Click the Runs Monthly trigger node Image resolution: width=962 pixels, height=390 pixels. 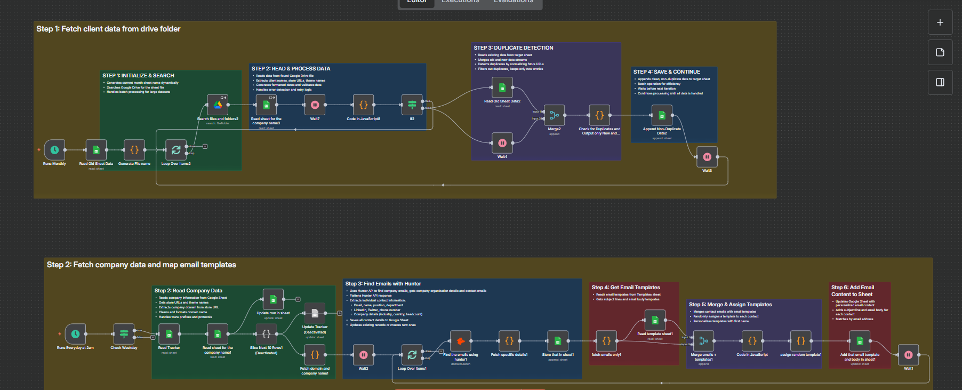[54, 150]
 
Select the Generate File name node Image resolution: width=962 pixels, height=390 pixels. [134, 150]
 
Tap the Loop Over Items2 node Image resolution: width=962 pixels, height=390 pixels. [176, 150]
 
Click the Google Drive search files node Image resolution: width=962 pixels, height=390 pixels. [218, 105]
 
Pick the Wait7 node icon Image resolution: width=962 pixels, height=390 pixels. [315, 105]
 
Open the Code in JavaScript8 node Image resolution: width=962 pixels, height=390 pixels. [363, 105]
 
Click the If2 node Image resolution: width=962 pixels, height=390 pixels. [412, 105]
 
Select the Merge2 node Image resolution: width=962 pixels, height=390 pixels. [554, 115]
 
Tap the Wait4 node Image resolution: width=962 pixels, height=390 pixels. [502, 143]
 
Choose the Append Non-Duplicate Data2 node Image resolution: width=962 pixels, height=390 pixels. [662, 115]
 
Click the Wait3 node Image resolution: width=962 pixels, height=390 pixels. [707, 157]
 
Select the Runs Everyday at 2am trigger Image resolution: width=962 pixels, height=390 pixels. [75, 334]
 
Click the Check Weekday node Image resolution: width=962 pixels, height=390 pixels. [124, 334]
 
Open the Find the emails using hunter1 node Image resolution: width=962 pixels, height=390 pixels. [461, 341]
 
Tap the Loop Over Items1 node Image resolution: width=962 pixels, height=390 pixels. [412, 355]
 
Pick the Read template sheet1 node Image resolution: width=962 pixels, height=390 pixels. [655, 320]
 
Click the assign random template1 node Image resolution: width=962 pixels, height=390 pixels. [800, 341]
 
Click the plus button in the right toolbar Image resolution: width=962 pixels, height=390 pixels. [940, 22]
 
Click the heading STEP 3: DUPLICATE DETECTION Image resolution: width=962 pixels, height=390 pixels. [514, 48]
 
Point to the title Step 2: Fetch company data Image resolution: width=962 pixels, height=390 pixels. [141, 265]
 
